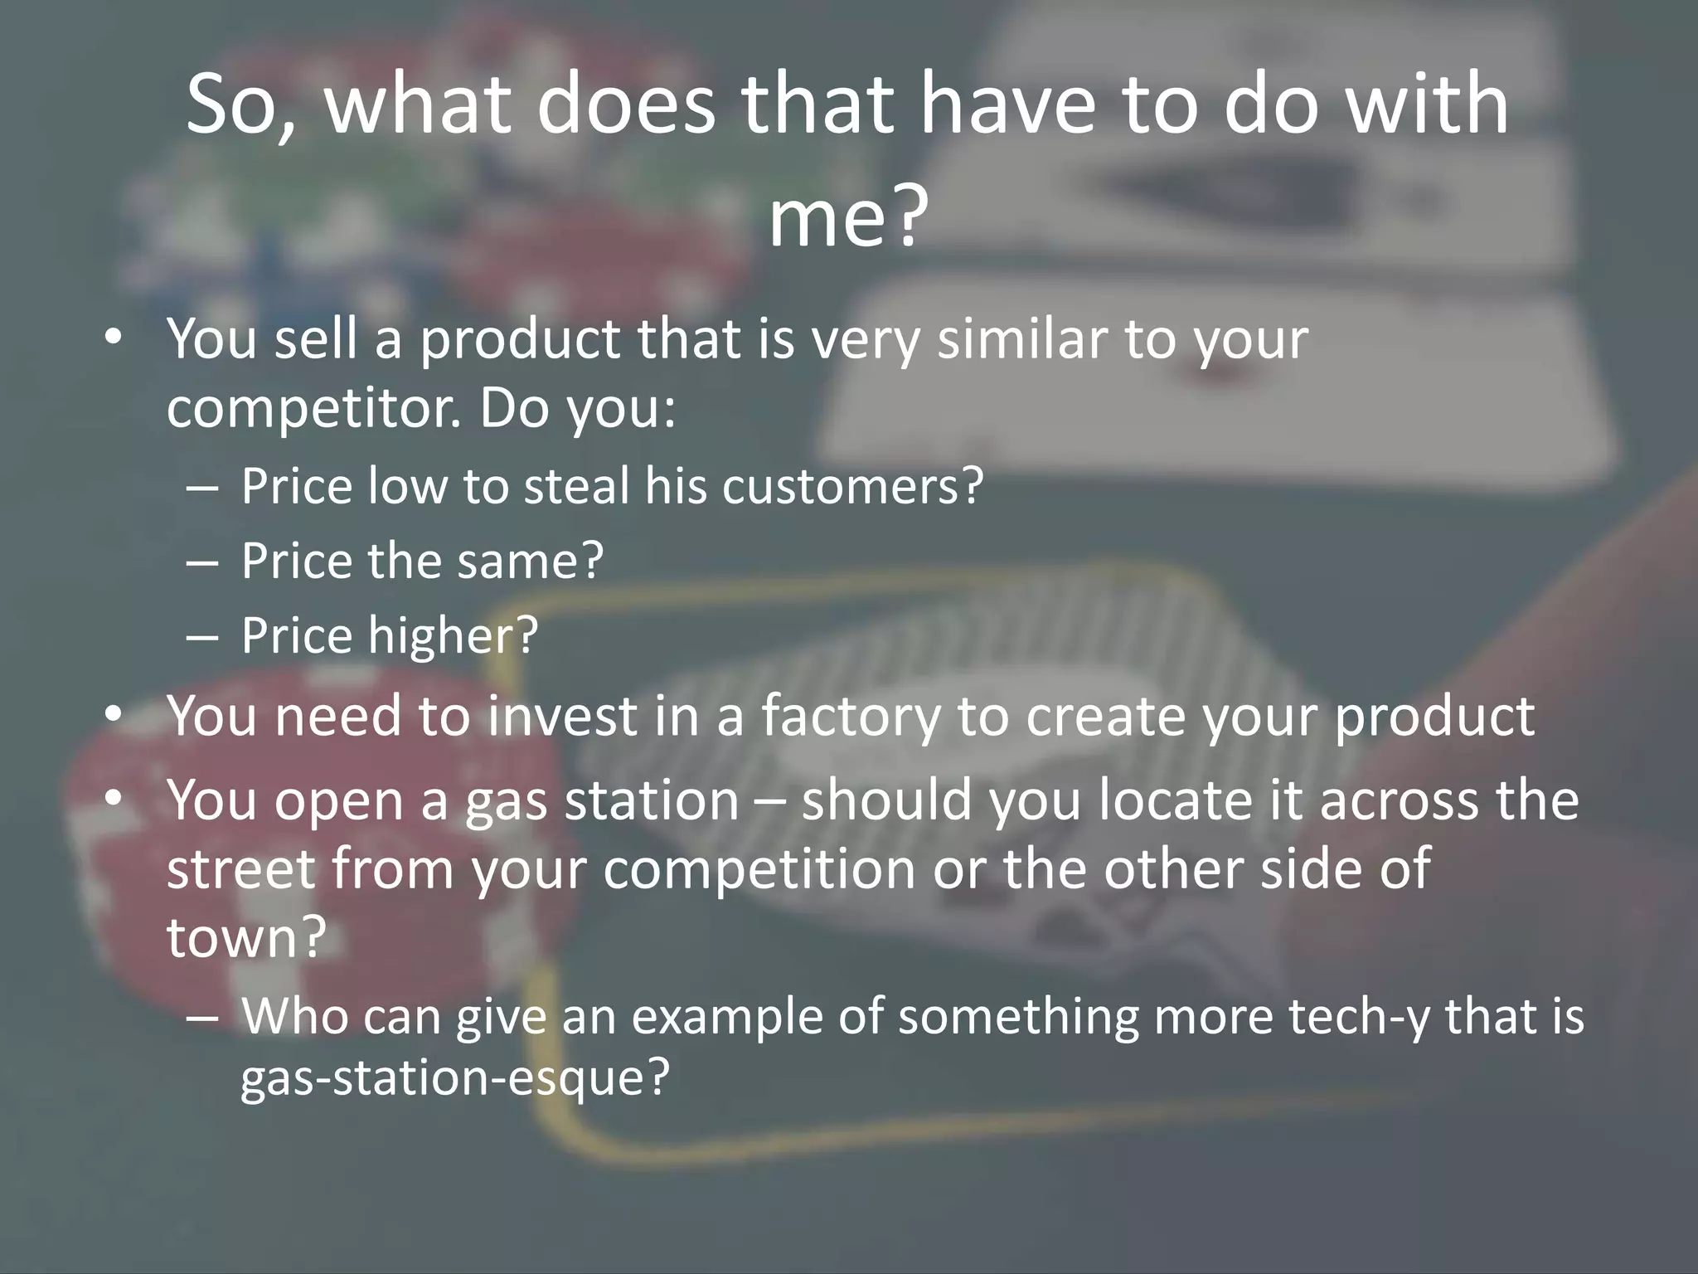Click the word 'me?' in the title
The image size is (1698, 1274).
coord(847,217)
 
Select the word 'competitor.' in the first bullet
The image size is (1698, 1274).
coord(313,408)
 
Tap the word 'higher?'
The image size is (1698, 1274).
coord(453,636)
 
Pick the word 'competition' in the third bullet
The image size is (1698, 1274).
coord(759,868)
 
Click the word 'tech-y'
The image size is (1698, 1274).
coord(1360,1017)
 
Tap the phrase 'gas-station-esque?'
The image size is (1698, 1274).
coord(454,1078)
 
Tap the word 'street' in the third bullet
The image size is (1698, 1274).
coord(241,868)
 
